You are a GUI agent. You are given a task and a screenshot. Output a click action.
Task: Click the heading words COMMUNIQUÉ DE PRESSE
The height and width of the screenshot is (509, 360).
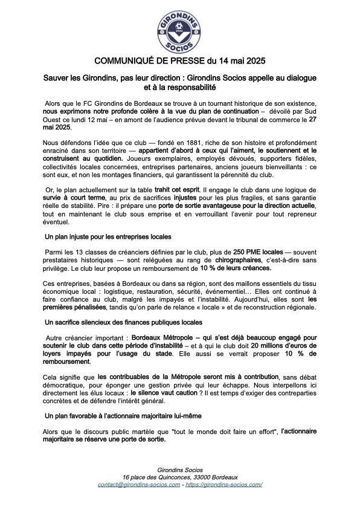click(149, 62)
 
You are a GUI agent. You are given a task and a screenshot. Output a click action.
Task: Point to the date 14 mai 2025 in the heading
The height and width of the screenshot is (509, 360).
click(240, 62)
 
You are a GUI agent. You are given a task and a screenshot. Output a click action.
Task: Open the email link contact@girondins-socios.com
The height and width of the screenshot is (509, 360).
click(139, 484)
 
